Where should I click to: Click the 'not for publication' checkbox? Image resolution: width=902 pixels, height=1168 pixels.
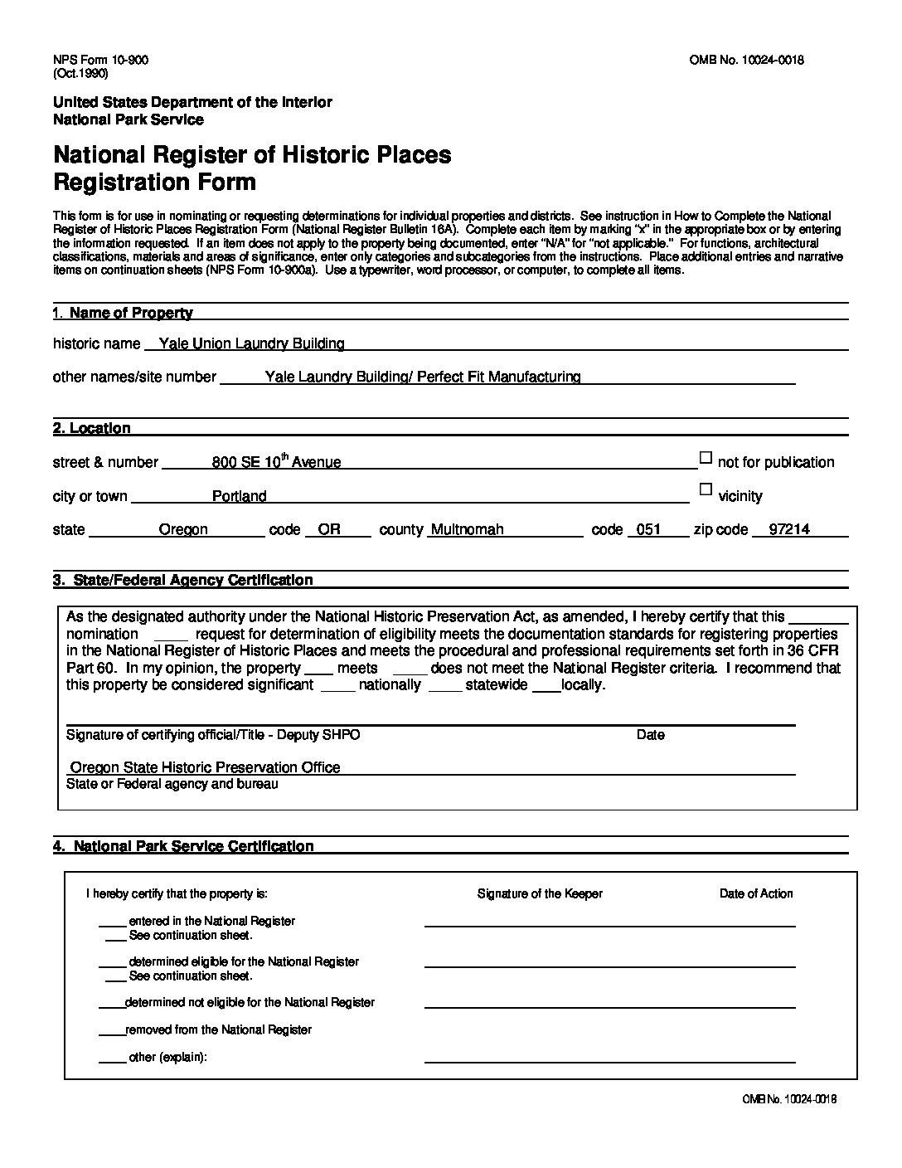(x=706, y=457)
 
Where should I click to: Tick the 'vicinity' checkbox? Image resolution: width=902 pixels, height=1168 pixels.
(x=706, y=489)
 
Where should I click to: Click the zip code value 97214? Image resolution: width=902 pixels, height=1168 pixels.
(x=789, y=529)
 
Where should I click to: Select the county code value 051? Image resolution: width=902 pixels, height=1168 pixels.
(x=648, y=529)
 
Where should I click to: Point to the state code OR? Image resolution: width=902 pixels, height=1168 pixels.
(x=329, y=529)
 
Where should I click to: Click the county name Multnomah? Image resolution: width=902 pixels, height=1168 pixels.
(x=466, y=529)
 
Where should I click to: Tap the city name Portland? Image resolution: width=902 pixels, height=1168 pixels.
(x=239, y=496)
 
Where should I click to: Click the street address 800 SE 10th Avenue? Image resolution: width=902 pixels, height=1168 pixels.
(x=276, y=462)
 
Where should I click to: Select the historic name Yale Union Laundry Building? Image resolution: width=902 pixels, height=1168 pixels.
(x=251, y=343)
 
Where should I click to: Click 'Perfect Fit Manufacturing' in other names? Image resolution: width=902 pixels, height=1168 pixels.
(x=498, y=377)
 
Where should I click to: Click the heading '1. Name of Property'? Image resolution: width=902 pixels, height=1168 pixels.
(x=123, y=313)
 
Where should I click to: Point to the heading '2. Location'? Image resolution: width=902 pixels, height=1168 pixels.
(x=92, y=428)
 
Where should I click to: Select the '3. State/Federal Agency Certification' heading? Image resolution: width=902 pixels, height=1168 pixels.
(x=183, y=580)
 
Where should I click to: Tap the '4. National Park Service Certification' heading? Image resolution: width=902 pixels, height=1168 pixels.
(x=183, y=846)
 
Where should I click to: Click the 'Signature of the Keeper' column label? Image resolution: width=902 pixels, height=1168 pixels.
(x=540, y=893)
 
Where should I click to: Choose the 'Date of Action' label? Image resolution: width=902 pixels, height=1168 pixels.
(x=756, y=893)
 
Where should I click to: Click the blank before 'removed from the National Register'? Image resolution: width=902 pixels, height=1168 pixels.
(x=111, y=1030)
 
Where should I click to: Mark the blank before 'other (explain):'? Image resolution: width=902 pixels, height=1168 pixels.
(x=112, y=1058)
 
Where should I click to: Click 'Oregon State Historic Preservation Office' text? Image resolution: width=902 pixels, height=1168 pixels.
(x=205, y=767)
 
